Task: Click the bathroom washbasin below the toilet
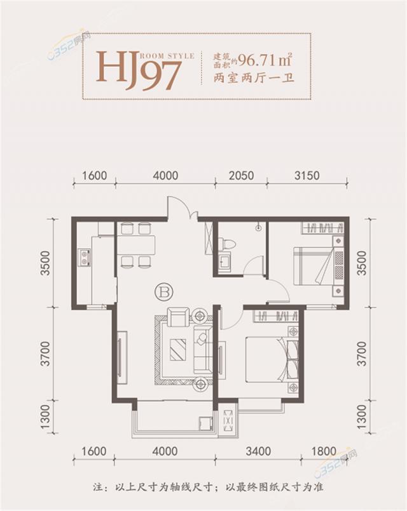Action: point(225,263)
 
